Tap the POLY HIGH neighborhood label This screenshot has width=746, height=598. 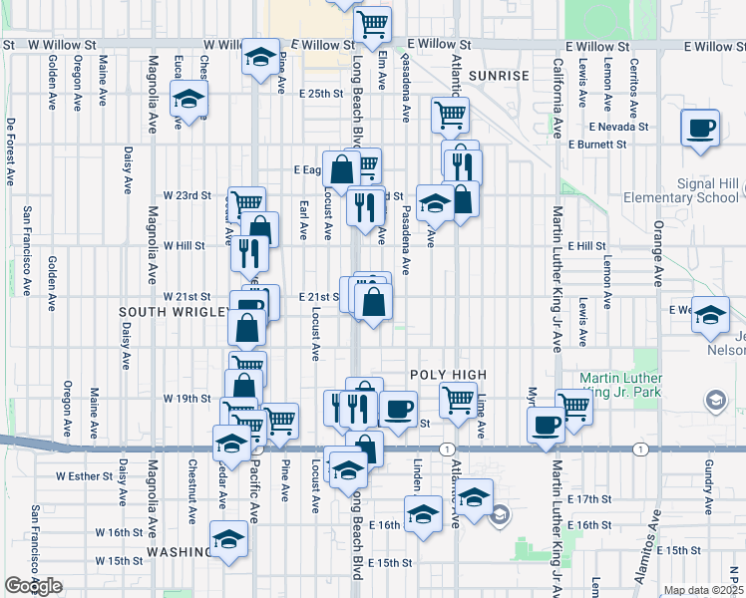click(449, 375)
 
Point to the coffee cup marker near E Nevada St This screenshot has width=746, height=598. click(700, 127)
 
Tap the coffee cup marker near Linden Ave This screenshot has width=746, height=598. click(399, 409)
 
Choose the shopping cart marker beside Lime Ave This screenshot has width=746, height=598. click(458, 399)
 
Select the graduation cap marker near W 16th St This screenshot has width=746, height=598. click(229, 538)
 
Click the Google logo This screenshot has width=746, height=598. click(33, 586)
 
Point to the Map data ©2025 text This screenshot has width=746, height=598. click(704, 590)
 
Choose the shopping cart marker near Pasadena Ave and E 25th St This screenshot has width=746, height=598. click(450, 115)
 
